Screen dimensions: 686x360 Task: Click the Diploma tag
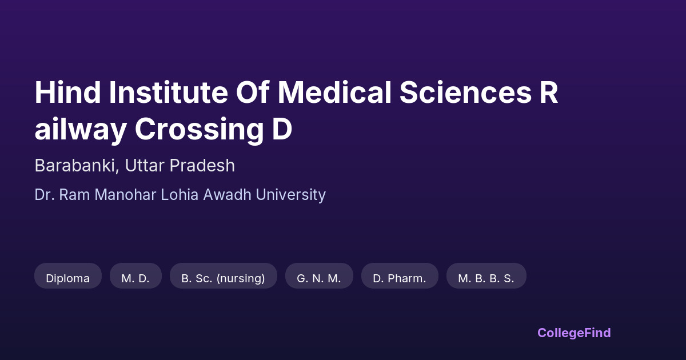click(68, 275)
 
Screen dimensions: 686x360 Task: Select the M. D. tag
click(135, 275)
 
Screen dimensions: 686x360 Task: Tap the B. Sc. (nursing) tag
click(224, 275)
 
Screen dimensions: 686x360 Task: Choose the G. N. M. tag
click(319, 275)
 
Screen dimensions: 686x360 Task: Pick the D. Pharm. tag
click(400, 275)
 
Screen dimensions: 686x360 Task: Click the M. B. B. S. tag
click(486, 275)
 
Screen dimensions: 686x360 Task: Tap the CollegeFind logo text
click(574, 333)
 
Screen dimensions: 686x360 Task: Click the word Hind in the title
click(67, 93)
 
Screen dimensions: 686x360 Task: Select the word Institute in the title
click(169, 93)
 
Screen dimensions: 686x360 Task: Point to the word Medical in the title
click(334, 93)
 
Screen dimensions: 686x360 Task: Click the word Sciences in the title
click(465, 93)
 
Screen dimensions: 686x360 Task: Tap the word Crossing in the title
click(200, 130)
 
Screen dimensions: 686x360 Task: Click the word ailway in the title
click(81, 130)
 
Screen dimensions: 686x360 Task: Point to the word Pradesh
click(202, 166)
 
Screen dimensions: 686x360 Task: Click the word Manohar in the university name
click(125, 195)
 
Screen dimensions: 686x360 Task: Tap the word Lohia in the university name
click(180, 195)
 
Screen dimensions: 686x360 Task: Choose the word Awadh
click(228, 195)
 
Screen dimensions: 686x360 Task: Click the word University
click(290, 195)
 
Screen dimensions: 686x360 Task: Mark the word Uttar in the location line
click(145, 166)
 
